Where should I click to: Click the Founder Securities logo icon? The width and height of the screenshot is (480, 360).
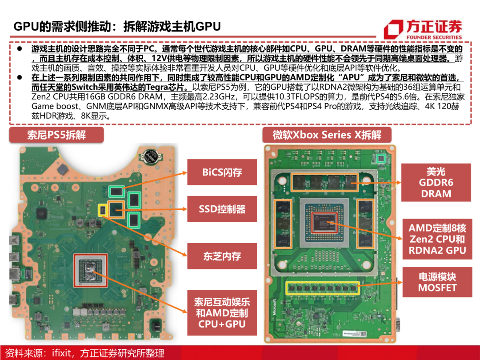(393, 29)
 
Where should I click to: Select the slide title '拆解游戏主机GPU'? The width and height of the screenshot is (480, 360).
(172, 27)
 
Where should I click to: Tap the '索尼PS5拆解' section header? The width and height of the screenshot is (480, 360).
(56, 135)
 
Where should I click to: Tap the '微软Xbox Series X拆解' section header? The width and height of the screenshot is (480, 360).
(327, 135)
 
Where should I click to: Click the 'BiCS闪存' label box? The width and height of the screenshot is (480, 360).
(222, 172)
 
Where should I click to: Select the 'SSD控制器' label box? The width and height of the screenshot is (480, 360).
(222, 209)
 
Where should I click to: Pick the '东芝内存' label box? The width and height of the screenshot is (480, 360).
(222, 256)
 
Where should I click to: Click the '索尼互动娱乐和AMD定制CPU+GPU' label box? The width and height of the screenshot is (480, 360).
(222, 313)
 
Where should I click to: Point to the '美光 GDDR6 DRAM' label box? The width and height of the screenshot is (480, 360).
(436, 183)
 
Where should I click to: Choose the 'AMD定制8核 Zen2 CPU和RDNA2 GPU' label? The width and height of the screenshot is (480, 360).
(437, 239)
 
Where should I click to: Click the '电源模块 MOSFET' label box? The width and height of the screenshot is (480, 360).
(437, 282)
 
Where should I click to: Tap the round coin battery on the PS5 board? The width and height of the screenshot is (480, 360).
(152, 156)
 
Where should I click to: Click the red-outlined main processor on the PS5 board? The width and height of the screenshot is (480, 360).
(91, 270)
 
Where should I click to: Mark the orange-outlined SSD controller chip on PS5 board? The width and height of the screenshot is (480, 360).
(116, 210)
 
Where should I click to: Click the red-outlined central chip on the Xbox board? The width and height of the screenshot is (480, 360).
(324, 223)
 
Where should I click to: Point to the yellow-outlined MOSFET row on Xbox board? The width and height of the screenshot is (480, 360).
(322, 288)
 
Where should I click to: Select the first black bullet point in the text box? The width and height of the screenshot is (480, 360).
(20, 48)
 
